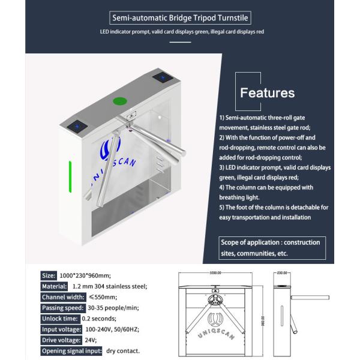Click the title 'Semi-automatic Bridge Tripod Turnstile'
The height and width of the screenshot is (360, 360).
point(179,18)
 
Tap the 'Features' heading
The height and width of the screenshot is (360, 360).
point(267,93)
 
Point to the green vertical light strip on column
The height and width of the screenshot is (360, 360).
point(71,177)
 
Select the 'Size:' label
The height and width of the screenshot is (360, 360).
point(49,275)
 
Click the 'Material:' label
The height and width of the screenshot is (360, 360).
point(54,286)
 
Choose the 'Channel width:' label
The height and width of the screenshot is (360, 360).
point(62,297)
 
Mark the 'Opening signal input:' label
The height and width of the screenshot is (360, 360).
point(71,351)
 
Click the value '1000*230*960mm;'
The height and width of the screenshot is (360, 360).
point(86,275)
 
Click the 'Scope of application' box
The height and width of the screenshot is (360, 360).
point(272,247)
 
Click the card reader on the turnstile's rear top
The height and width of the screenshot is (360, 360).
point(161,78)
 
